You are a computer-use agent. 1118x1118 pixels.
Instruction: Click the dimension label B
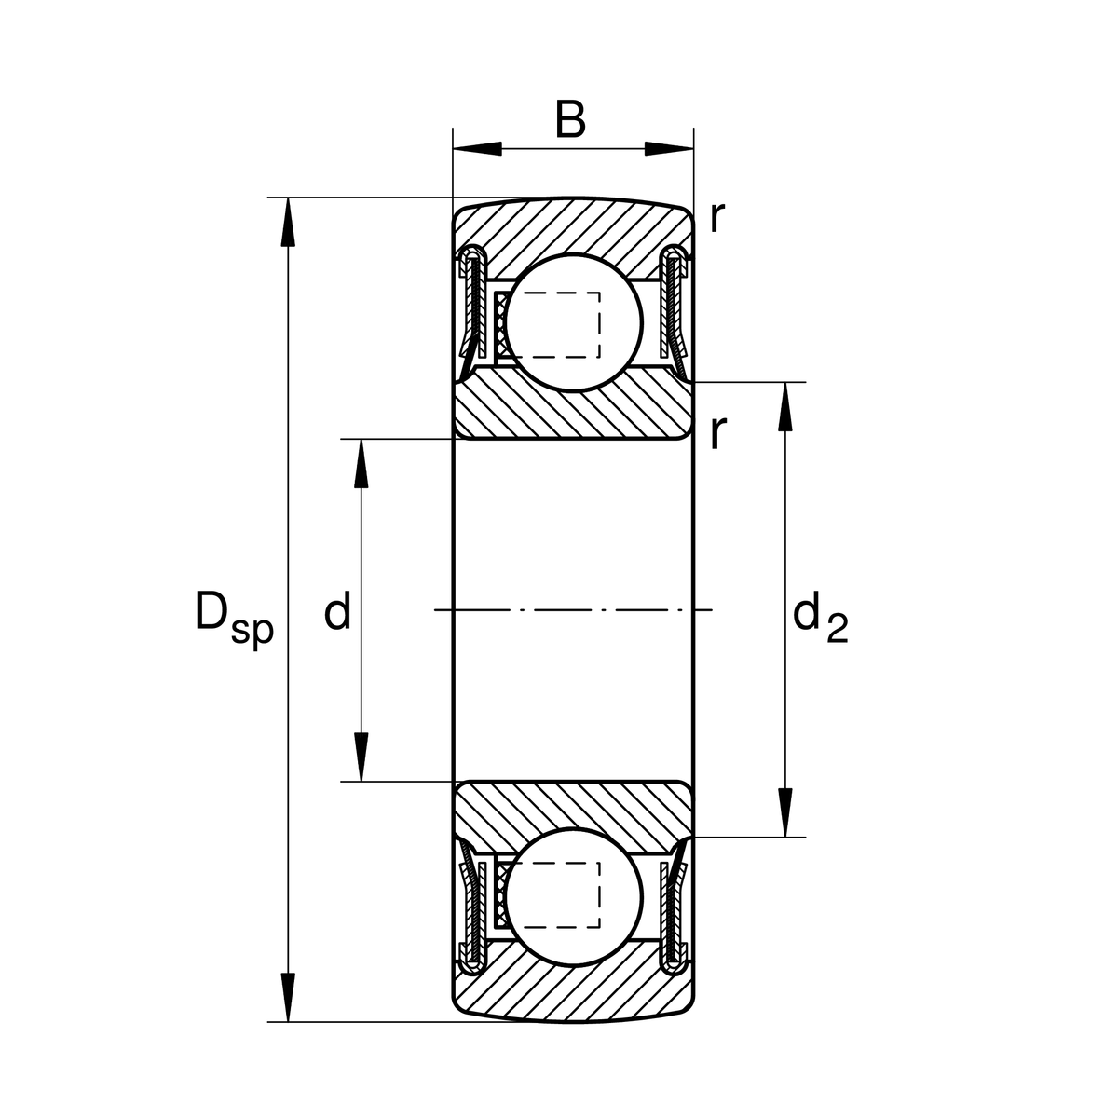(x=570, y=121)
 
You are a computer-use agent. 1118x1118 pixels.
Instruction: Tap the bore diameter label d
(x=337, y=613)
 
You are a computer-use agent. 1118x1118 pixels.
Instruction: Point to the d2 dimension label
(x=820, y=619)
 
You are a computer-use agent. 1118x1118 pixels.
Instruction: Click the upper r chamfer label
(x=716, y=218)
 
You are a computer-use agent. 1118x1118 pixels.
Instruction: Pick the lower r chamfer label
(x=716, y=432)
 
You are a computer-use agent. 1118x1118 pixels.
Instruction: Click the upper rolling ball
(x=578, y=319)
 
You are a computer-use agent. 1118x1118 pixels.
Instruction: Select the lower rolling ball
(x=578, y=893)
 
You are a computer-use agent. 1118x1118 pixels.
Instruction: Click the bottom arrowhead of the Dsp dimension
(x=288, y=998)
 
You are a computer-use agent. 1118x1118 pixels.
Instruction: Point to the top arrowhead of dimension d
(x=361, y=463)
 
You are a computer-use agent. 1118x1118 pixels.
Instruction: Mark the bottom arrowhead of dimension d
(x=361, y=757)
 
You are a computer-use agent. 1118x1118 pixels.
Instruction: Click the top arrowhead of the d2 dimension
(x=785, y=406)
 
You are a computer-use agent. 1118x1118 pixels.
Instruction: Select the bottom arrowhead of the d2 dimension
(x=785, y=812)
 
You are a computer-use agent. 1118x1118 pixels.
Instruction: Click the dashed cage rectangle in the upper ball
(x=559, y=324)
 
